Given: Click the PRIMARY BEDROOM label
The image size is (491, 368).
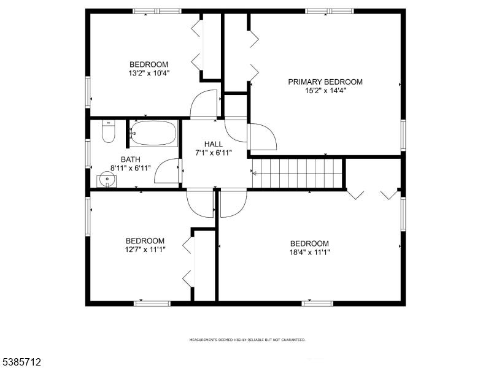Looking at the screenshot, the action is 325,82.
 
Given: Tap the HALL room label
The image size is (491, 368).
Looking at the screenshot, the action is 214,144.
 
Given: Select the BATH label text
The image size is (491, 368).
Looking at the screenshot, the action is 131,159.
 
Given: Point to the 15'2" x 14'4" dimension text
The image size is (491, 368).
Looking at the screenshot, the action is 325,91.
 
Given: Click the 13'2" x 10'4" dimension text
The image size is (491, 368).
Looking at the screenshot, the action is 149,73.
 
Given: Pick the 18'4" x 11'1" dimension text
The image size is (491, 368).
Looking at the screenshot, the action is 310,252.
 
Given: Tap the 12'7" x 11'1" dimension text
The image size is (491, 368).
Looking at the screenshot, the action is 145,250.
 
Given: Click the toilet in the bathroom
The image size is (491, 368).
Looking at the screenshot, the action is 109,131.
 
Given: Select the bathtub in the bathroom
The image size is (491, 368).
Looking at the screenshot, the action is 153,133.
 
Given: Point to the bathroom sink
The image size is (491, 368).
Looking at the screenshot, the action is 106,180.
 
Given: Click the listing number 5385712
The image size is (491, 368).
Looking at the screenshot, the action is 21,362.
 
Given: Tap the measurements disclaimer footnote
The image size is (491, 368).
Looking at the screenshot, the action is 247,340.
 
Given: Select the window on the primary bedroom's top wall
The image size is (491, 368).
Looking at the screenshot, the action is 330,11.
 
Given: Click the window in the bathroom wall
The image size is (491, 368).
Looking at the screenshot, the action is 88,154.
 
